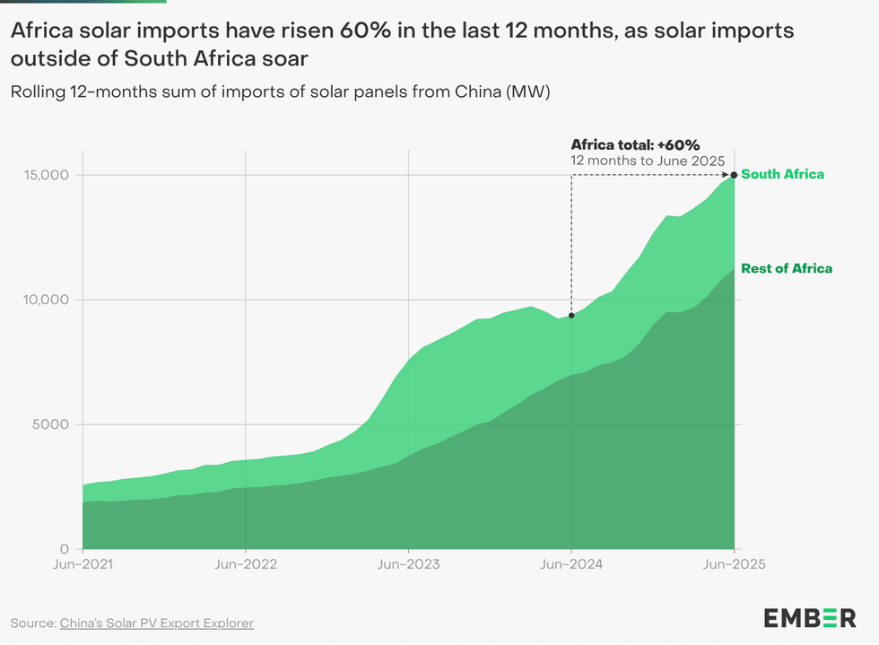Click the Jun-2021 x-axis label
coord(83,565)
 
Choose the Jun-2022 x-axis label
coord(245,565)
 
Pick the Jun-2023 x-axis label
coord(408,565)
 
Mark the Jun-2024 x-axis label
coord(571,565)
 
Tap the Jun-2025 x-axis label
coord(735,565)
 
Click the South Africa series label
coord(782,174)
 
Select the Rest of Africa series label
coord(787,268)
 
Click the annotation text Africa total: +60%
coord(635,144)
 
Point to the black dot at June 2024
coord(571,316)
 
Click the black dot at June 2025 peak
coord(735,175)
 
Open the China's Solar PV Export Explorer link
coord(156,623)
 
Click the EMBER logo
coord(810,617)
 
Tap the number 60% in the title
coord(365,31)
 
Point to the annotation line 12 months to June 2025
coord(635,160)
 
